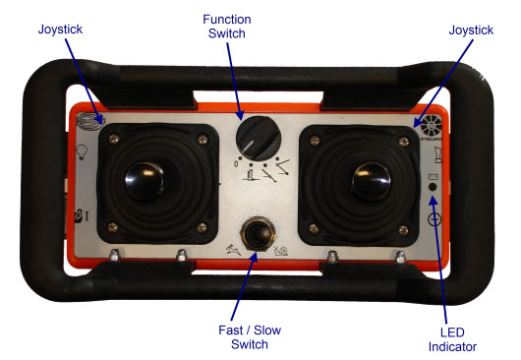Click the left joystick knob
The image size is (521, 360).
point(144,181)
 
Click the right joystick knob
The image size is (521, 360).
point(372,181)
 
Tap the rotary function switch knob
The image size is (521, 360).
point(259,139)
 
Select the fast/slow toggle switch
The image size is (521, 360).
point(258,234)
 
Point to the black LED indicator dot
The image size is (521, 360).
point(433,187)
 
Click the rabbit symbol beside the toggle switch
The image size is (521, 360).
point(233,249)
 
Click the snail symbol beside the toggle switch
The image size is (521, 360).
point(281,251)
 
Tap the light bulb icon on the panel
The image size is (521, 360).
point(82,151)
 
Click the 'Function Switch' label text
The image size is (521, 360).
point(227,27)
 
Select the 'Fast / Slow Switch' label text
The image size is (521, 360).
point(250,337)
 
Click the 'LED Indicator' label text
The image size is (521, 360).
point(452,339)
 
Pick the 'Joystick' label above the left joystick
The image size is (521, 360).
point(60,30)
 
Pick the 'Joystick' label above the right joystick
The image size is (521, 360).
point(471,30)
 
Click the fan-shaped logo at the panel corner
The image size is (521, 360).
point(431,125)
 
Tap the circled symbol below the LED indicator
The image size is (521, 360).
point(434,219)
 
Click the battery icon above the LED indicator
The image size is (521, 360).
point(433,176)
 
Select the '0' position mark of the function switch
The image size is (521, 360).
point(236,163)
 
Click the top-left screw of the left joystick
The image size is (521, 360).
point(114,139)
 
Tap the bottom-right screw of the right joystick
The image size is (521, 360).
point(403,229)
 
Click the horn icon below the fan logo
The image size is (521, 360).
point(438,154)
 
